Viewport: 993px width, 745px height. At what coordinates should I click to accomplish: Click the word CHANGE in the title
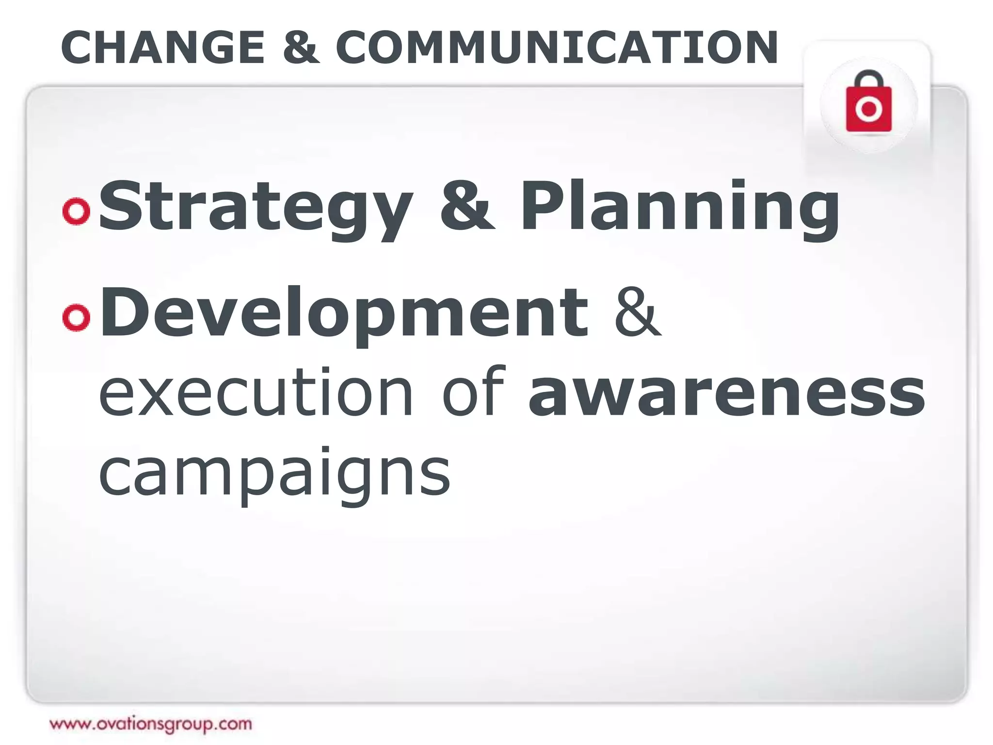click(x=163, y=48)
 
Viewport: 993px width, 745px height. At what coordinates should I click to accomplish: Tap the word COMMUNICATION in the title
click(x=557, y=48)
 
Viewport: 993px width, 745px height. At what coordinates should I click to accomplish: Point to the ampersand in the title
click(x=301, y=48)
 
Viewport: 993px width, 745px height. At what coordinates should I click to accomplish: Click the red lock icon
click(x=868, y=104)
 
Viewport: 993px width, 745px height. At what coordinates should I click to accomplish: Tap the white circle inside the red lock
click(x=868, y=110)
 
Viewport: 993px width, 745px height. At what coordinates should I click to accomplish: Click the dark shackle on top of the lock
click(x=868, y=78)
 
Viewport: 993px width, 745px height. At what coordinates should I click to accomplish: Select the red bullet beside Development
click(x=76, y=317)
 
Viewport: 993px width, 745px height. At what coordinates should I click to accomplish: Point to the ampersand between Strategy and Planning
click(x=467, y=206)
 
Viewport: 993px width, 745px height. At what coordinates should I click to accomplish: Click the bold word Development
click(x=344, y=313)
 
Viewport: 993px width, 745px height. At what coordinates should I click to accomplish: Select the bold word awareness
click(x=726, y=393)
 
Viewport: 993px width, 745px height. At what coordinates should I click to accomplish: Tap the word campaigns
click(x=274, y=473)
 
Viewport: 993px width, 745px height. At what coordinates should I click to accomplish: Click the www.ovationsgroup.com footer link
click(x=151, y=724)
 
